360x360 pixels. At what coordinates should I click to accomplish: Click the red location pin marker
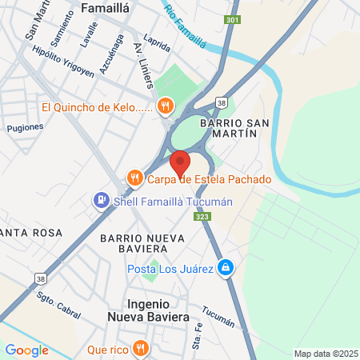tap(180, 162)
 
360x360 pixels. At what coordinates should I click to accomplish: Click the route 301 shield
tap(232, 18)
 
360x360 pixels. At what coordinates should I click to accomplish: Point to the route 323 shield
tap(201, 217)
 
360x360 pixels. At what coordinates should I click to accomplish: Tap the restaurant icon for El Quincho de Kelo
tap(166, 105)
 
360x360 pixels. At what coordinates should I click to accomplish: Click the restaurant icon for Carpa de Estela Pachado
tap(134, 178)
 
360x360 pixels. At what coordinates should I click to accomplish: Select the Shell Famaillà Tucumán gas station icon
tap(102, 201)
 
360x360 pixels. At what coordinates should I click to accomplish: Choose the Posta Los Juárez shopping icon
tap(227, 268)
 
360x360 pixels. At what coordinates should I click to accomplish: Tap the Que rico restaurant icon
tap(141, 348)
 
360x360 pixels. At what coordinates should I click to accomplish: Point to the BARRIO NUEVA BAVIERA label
tap(142, 244)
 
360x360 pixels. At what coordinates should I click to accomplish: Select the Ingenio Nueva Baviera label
tap(148, 310)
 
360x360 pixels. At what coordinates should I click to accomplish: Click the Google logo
tap(26, 350)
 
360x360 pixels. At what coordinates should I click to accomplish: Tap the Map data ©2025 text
tap(325, 354)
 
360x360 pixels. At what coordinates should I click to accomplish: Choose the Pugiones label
tap(24, 127)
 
